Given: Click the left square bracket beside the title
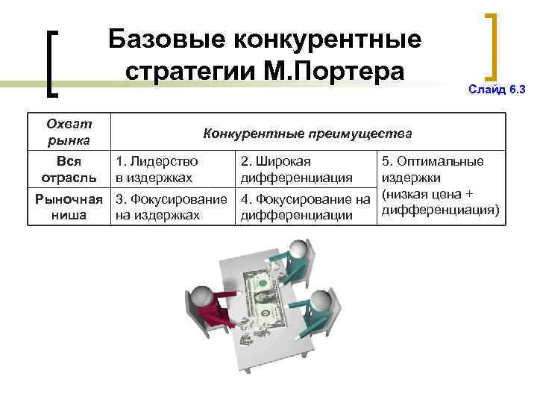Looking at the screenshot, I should coord(53,63).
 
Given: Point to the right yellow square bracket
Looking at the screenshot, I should coord(492,46).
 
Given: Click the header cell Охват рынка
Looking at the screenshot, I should coord(69,131).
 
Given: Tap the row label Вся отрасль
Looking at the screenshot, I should coord(69,169).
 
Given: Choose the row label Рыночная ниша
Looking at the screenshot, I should coord(69,207).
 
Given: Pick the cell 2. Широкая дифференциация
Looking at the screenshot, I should coord(295,169).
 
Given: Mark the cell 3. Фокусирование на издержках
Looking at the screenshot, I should coord(169,207).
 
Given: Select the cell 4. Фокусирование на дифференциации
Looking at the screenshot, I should coord(306,207).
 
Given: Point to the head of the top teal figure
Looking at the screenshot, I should coord(299,249).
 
